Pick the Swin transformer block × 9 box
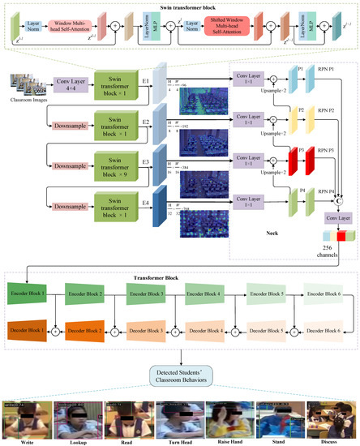pyautogui.click(x=118, y=161)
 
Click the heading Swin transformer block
pyautogui.click(x=180, y=7)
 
